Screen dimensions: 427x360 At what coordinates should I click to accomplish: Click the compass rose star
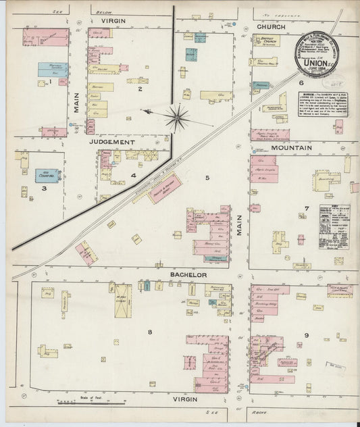tap(177, 118)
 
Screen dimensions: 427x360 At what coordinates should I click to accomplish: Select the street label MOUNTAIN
tap(295, 147)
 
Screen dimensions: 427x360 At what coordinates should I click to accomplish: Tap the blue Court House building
tap(47, 176)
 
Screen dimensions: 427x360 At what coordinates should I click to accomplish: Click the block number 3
tap(44, 189)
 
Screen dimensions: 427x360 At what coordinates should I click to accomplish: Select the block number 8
tap(150, 331)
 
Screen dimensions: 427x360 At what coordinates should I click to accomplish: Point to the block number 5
tap(208, 178)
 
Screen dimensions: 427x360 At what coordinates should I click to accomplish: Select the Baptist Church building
tap(266, 40)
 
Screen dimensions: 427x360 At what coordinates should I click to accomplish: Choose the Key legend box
tap(334, 227)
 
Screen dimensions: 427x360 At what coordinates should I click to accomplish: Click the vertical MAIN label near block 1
tap(76, 103)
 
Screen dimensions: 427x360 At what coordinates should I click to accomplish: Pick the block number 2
tap(140, 89)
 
